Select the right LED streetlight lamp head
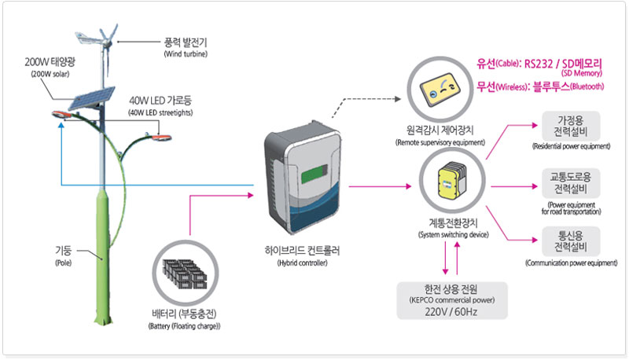click(x=161, y=138)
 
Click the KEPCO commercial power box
click(x=447, y=300)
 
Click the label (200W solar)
click(x=49, y=74)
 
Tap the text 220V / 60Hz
click(x=447, y=310)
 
